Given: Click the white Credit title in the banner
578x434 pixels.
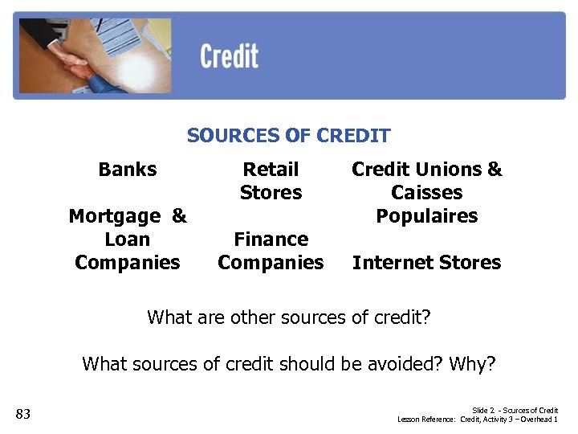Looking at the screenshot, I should pos(229,57).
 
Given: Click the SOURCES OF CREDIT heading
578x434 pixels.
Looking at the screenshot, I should pos(289,136).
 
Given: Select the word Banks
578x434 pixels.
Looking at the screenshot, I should pos(128,170).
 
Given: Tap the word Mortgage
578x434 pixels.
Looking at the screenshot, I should pos(115,216).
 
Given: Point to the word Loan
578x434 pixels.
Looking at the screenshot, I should pos(128,240).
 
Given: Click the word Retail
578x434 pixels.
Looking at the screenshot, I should pos(271,170).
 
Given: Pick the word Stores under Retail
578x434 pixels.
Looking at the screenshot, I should pos(271,193).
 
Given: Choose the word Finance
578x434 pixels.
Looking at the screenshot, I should pos(271,240).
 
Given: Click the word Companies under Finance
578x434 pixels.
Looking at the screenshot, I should pos(271,263).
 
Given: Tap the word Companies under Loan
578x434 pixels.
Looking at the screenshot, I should pos(128,263).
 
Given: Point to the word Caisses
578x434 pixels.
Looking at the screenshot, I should pos(426,193).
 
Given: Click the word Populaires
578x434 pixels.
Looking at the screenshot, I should pos(426,216).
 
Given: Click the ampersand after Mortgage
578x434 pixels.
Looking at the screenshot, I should pos(179,216).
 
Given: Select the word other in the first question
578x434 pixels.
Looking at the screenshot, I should pos(252,317).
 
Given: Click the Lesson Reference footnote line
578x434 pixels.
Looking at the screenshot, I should pos(478,420).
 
